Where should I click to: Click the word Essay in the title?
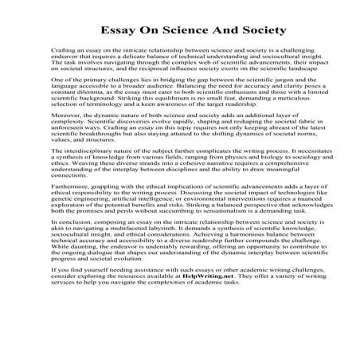coord(103,31)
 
